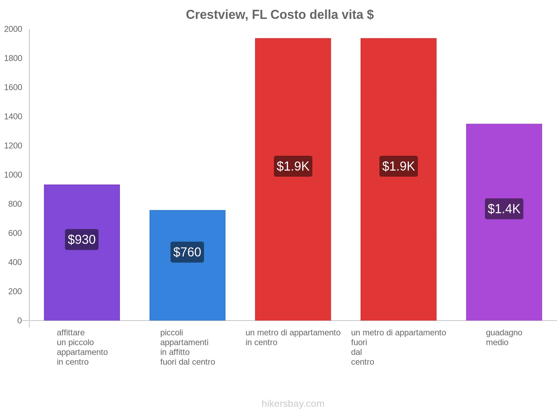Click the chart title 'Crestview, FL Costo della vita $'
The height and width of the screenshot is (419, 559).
coord(279,15)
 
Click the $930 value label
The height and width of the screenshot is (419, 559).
coord(82,240)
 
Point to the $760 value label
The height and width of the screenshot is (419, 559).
coord(187,252)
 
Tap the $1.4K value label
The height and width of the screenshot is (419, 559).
coord(504,209)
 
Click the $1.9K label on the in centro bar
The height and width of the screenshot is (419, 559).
coord(293,166)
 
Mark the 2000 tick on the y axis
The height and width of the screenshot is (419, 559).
coord(13,29)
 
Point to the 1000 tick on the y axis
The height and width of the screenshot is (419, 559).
coord(13,175)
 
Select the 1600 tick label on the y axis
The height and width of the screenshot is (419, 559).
coord(13,87)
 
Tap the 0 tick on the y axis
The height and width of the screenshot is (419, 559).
coord(20,321)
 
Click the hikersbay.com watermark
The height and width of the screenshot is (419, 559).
coord(293,404)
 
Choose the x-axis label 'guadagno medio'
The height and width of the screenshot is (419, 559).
coord(504,338)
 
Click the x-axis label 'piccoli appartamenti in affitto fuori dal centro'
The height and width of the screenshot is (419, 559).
coord(187,347)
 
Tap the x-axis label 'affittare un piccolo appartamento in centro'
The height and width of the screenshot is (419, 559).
coord(82,347)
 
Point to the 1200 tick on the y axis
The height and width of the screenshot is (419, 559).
coord(13,146)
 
